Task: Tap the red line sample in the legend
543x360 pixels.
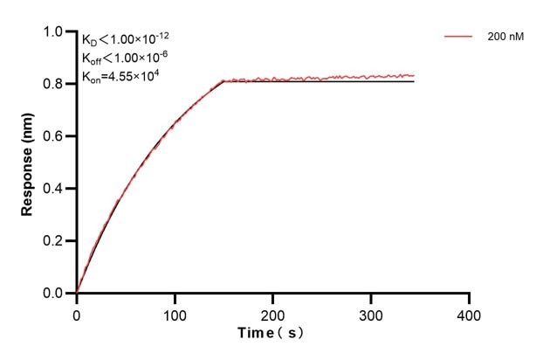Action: [459, 38]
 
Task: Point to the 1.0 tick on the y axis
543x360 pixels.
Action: [53, 31]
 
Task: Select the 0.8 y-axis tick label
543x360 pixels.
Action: [53, 84]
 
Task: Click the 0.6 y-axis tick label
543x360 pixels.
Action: [53, 136]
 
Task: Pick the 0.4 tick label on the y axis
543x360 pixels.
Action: [53, 189]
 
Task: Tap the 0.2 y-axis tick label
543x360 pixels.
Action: [53, 241]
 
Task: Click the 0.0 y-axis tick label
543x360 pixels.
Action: [53, 294]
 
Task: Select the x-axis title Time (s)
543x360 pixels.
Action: [272, 334]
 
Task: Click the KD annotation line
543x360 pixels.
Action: [127, 40]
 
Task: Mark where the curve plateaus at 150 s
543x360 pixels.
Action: [224, 81]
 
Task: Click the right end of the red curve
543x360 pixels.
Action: [414, 75]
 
